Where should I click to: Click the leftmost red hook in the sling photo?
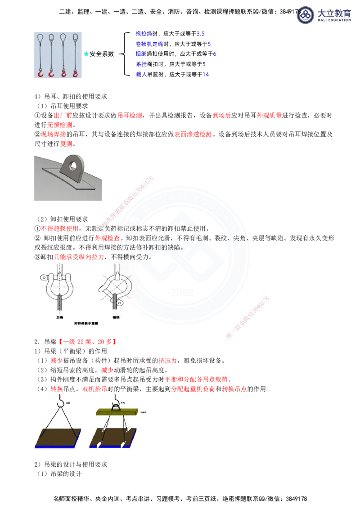40,73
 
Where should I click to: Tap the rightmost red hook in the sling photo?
75,73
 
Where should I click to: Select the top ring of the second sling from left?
51,37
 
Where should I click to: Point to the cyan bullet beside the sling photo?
86,54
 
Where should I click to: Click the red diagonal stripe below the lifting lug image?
128,201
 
